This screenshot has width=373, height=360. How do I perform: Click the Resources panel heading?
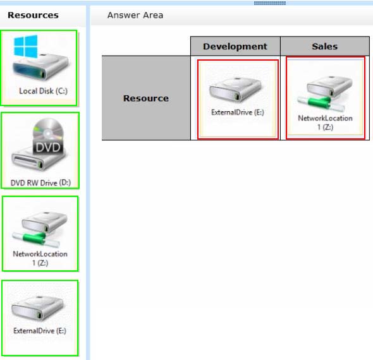click(33, 15)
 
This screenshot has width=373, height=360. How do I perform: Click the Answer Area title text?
click(135, 15)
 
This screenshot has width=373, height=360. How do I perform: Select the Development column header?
click(235, 46)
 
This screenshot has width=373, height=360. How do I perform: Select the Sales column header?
click(325, 46)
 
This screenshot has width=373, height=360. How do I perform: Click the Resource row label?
click(146, 98)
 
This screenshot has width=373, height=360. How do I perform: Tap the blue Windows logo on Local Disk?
click(26, 46)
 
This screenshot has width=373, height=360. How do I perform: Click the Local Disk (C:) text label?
click(43, 91)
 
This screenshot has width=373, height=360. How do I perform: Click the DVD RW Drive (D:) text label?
click(40, 183)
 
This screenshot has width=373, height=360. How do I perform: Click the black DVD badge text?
click(48, 147)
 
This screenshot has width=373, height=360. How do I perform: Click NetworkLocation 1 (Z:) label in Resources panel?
click(40, 258)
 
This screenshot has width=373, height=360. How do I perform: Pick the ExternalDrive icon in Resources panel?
click(37, 308)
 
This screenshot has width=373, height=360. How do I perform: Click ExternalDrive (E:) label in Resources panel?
click(40, 331)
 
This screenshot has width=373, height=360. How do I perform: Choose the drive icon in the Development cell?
click(235, 90)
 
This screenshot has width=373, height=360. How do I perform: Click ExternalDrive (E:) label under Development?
click(238, 112)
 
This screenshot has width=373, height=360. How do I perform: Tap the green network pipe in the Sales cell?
click(321, 104)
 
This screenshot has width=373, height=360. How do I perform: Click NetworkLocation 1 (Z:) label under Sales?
click(325, 123)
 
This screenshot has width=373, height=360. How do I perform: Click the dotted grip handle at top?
click(270, 3)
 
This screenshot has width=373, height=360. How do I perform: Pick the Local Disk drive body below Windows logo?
click(40, 67)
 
